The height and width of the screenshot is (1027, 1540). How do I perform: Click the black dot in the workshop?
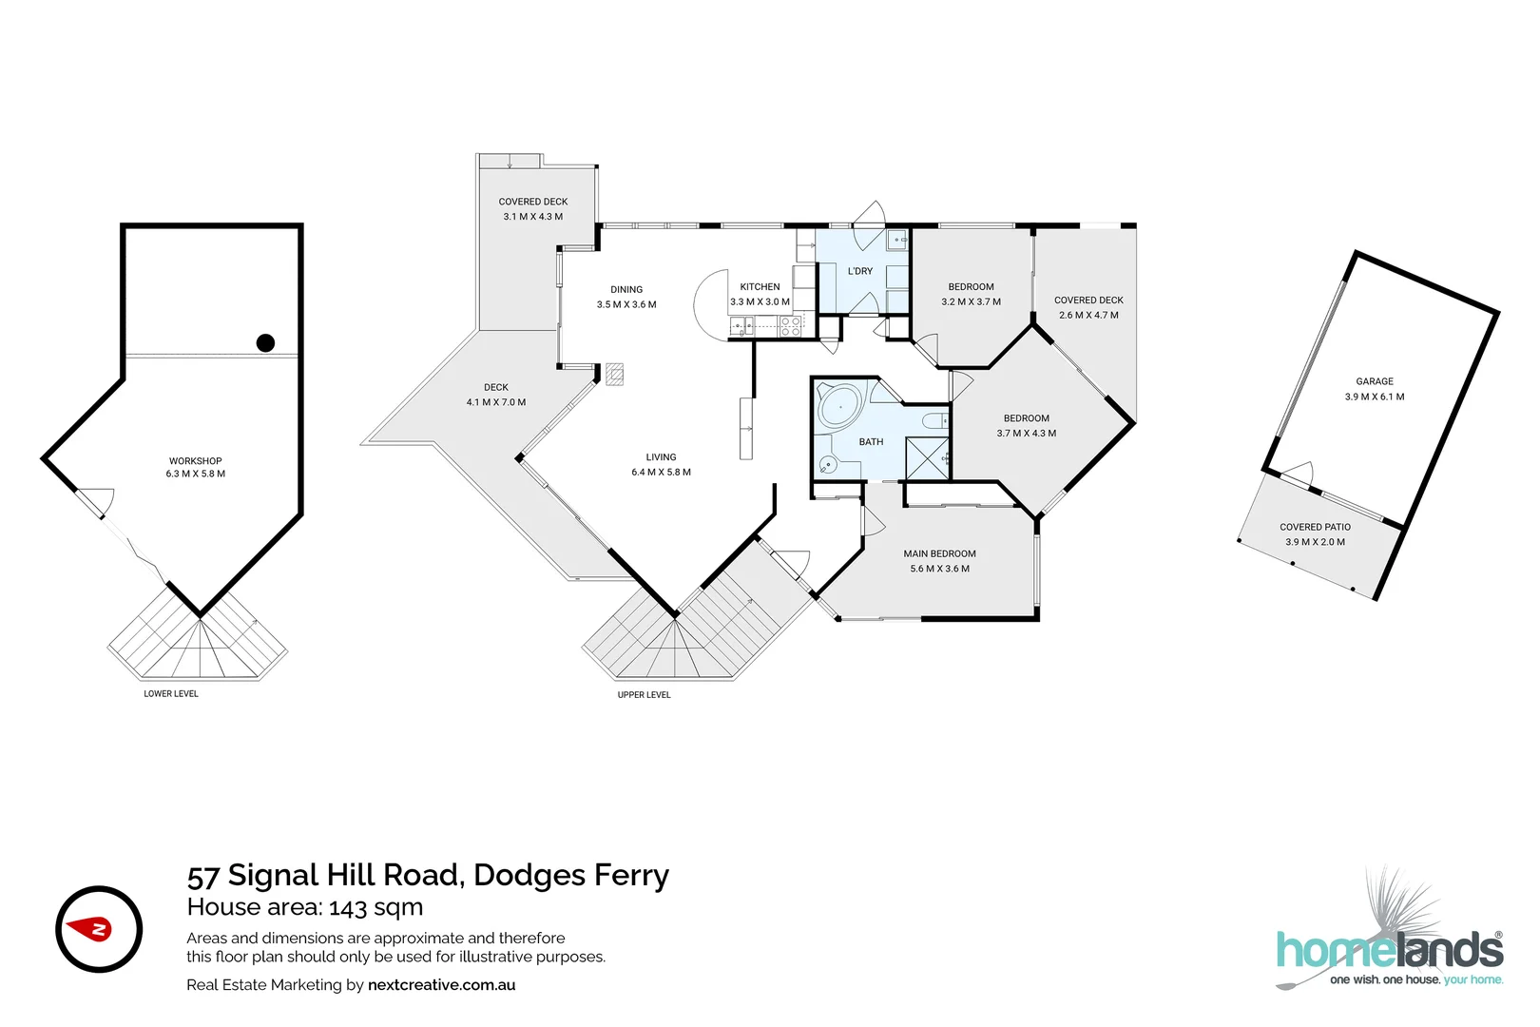(266, 343)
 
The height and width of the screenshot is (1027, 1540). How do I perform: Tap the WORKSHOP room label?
(196, 460)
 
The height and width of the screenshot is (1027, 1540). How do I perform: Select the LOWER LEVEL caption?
(171, 694)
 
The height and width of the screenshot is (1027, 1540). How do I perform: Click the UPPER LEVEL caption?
(645, 695)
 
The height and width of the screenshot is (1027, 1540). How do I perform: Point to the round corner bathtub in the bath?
(840, 406)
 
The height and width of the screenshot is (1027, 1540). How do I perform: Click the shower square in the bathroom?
(927, 458)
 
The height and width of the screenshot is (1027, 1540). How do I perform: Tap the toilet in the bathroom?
(935, 420)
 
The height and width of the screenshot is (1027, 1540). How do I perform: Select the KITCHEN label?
(760, 286)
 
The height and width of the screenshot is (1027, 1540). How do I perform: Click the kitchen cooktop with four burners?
(790, 327)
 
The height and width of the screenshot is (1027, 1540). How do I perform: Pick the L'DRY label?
(860, 271)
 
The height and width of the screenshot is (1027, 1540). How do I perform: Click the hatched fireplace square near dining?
(615, 374)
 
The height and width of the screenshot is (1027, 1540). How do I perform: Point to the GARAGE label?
(1375, 381)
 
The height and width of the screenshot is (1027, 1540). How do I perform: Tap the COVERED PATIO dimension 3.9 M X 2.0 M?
(1315, 542)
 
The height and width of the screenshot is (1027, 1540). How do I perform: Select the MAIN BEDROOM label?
(939, 553)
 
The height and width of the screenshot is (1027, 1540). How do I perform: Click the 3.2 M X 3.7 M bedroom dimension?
(971, 301)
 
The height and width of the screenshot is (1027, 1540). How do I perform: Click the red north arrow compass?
(98, 929)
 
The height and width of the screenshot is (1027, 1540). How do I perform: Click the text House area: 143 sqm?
(304, 907)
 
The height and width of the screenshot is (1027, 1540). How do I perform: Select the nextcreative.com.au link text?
(441, 985)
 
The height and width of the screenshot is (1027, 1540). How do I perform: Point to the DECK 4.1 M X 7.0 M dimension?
(495, 402)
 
